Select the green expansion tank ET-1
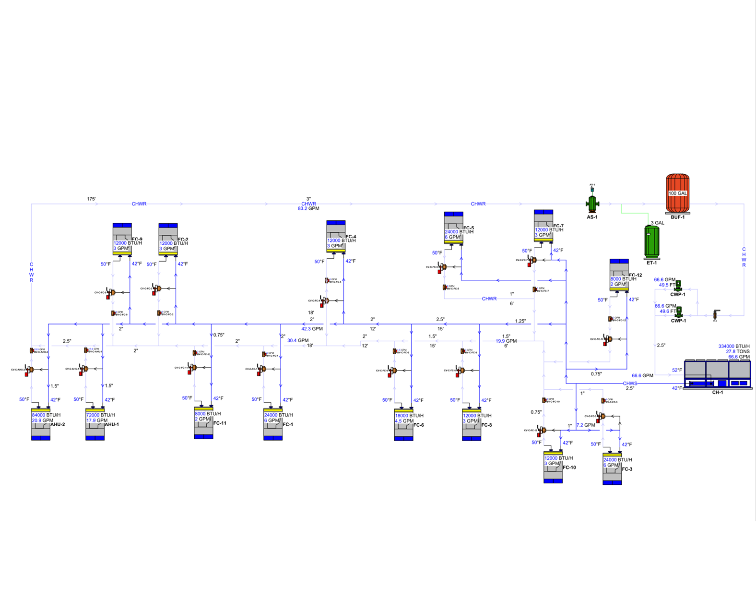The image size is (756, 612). (x=651, y=241)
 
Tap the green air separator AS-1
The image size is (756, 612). (x=592, y=204)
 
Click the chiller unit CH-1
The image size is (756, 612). (x=717, y=374)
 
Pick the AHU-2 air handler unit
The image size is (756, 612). (x=41, y=424)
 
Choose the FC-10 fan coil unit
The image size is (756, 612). (x=553, y=467)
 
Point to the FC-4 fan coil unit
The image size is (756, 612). (x=336, y=237)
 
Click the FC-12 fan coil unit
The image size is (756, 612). (x=619, y=275)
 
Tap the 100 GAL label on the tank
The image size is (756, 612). (x=677, y=193)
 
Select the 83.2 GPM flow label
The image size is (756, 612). (x=308, y=209)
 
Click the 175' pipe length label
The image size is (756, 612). (x=91, y=199)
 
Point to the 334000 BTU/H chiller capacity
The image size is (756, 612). (x=734, y=346)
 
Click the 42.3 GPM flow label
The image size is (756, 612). (x=312, y=329)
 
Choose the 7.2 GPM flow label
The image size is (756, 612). (x=586, y=425)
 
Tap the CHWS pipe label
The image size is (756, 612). (x=630, y=383)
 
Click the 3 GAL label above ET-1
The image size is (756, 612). (x=657, y=223)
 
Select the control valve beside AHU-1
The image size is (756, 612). (x=83, y=369)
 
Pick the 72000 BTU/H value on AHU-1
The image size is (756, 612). (x=100, y=415)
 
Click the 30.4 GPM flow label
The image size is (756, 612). (x=298, y=340)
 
